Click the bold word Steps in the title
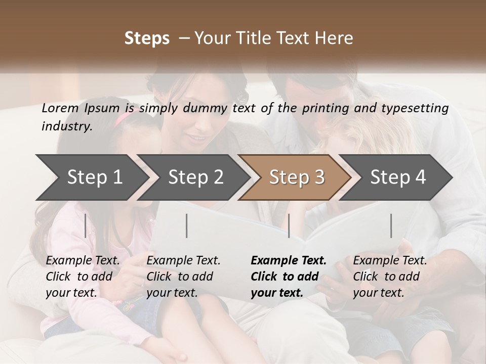pos(147,38)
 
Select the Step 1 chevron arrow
pos(91,177)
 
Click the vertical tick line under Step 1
pos(86,225)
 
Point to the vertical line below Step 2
pos(187,225)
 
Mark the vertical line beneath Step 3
pos(289,225)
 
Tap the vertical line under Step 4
pos(391,225)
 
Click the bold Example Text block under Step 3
pos(289,277)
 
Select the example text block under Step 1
pos(83,277)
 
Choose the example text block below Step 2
pos(183,277)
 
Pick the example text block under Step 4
pos(390,277)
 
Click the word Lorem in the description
pos(59,108)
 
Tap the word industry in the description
pos(66,126)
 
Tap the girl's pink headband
pos(125,119)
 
